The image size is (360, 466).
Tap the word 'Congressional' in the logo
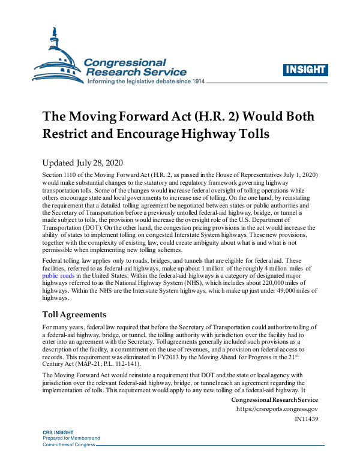click(125, 62)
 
